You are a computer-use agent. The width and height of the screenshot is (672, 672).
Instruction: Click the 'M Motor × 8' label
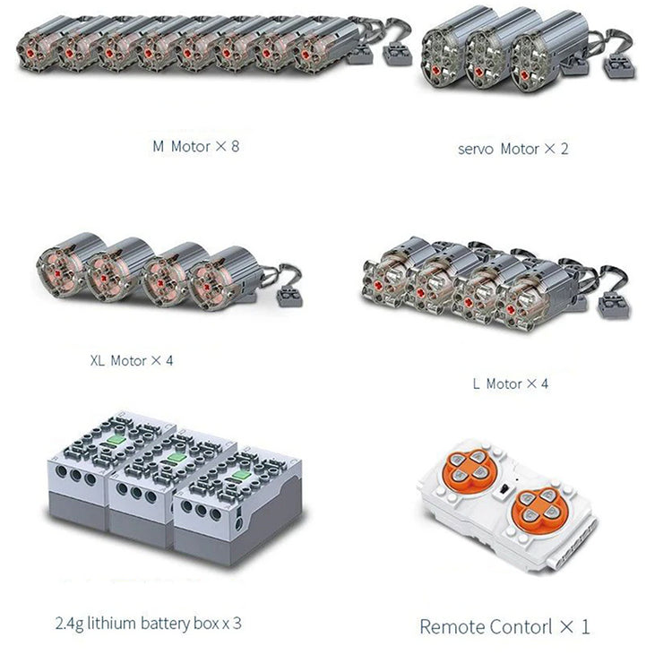196,147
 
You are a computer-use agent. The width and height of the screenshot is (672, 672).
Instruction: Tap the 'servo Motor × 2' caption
513,149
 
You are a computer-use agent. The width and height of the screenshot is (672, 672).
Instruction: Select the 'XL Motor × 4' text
132,360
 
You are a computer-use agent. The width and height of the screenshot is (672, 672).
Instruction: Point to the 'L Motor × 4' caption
511,383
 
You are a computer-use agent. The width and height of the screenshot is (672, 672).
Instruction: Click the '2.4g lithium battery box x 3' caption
148,623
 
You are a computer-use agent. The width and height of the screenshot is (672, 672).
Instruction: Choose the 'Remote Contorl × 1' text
504,626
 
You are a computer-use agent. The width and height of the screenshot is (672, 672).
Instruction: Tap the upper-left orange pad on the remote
470,467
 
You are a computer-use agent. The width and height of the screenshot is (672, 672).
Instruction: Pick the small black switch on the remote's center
505,488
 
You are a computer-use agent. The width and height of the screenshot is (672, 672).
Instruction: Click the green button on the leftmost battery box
116,440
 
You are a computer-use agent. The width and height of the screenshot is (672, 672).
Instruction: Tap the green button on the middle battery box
176,457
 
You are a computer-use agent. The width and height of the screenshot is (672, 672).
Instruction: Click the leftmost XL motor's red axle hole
58,272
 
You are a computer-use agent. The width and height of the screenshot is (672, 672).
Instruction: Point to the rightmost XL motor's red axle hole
208,287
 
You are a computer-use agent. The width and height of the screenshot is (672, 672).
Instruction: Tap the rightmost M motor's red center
306,55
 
